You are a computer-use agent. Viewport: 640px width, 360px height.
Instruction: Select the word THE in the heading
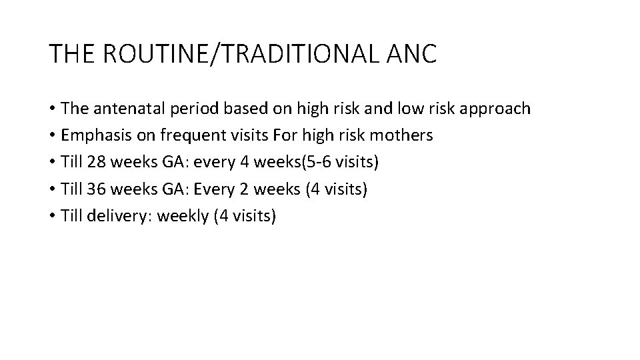click(x=72, y=53)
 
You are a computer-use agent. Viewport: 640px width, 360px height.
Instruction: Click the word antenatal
click(x=122, y=109)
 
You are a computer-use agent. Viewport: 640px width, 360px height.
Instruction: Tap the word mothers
click(x=399, y=135)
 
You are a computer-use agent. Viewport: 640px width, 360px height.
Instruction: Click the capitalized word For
click(x=282, y=135)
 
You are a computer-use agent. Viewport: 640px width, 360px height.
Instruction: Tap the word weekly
click(x=183, y=216)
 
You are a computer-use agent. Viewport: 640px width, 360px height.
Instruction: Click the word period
click(x=182, y=109)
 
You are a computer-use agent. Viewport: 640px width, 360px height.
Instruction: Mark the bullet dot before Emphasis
click(x=52, y=136)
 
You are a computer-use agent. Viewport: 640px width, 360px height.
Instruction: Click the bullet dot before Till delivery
click(x=52, y=216)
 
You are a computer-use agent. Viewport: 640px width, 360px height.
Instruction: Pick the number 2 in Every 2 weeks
click(x=243, y=189)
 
